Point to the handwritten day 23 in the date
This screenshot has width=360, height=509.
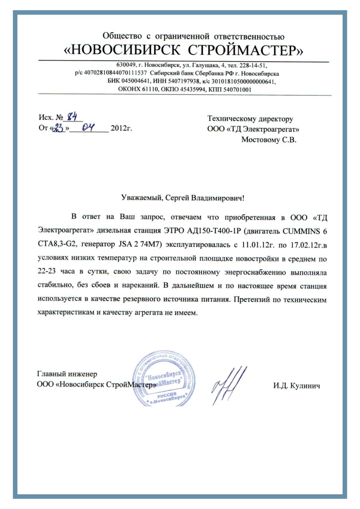coord(58,128)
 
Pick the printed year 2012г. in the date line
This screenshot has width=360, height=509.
coord(121,128)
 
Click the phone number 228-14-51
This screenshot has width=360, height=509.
coord(253,65)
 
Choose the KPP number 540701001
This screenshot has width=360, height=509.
coord(237,89)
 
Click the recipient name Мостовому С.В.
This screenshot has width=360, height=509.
coord(269,140)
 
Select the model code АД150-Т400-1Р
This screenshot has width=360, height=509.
coord(214,231)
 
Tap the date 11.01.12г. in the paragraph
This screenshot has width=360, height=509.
coord(258,245)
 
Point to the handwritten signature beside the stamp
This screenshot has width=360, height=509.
coord(229,385)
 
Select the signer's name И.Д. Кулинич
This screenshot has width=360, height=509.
coord(296,386)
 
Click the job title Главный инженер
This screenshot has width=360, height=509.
coord(67,374)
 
